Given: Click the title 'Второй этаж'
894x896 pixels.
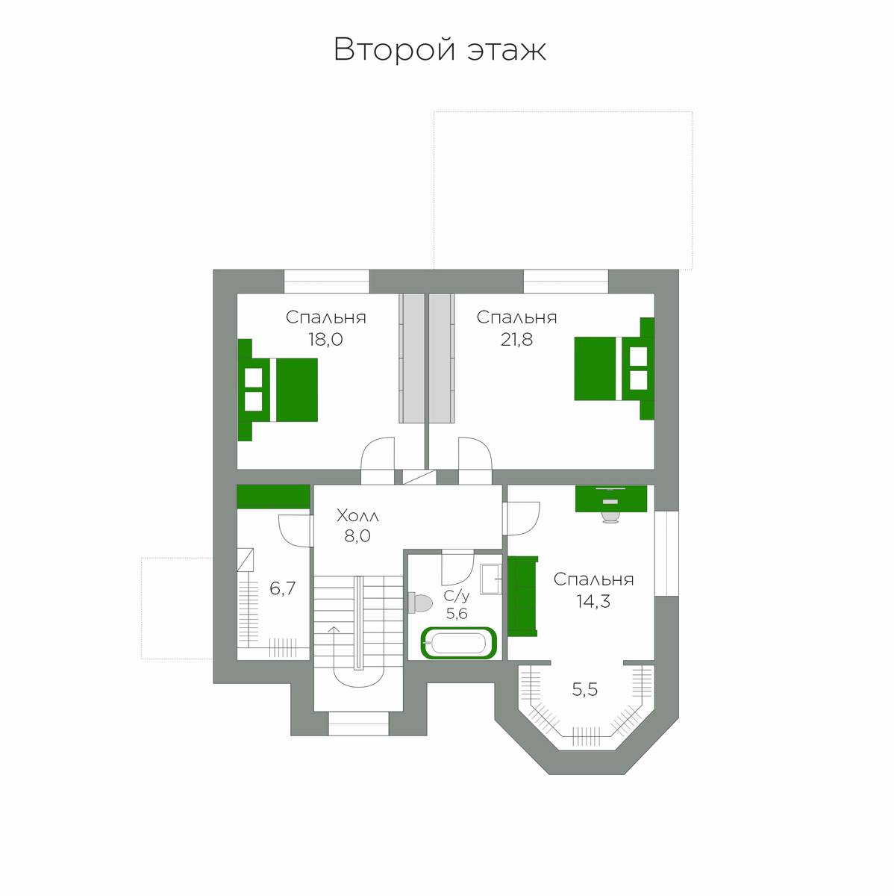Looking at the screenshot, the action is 440,50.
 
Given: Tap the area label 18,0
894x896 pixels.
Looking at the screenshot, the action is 325,340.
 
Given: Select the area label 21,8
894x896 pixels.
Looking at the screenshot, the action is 516,340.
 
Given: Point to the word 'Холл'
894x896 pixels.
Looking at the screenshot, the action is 357,516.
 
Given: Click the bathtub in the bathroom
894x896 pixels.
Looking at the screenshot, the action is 459,643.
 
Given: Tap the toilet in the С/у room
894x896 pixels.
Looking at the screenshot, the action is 420,603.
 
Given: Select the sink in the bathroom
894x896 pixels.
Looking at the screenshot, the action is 490,579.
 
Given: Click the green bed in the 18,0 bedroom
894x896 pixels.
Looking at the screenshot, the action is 278,390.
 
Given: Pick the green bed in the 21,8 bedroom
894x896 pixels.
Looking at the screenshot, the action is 614,369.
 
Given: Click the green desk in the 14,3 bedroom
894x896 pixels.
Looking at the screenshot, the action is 611,499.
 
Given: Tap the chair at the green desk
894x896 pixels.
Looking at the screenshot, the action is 610,517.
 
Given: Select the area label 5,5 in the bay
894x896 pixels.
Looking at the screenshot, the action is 585,690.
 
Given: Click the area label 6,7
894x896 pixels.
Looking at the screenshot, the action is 282,588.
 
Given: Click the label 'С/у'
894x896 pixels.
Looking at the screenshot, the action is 457,596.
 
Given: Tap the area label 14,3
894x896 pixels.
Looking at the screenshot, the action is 593,602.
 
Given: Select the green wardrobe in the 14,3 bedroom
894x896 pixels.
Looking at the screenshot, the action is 522,596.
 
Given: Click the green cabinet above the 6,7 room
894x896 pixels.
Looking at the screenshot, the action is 273,497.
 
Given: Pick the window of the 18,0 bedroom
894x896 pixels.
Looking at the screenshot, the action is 327,281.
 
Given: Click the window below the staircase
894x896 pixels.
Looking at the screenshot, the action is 358,724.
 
